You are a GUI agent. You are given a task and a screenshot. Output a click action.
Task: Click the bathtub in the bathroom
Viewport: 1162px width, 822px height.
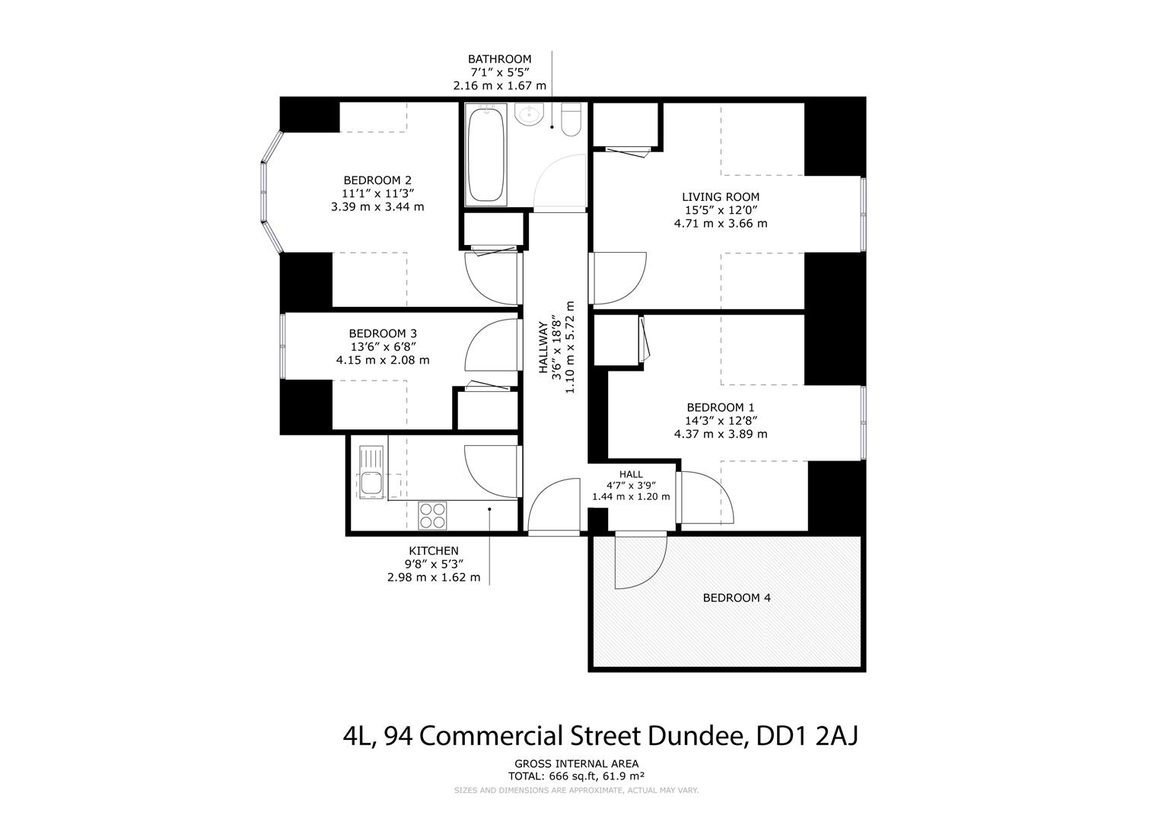pos(485,155)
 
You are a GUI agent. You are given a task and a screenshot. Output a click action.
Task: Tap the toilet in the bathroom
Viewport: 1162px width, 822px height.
pos(571,119)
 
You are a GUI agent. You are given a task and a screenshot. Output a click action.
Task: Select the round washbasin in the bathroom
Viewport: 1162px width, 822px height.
pos(528,114)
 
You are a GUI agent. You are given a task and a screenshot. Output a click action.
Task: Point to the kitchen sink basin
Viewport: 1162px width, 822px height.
pos(371,483)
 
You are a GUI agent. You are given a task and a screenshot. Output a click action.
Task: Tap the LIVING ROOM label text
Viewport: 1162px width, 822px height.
pos(720,197)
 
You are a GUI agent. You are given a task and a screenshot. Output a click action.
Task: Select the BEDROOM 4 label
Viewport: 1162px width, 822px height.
pos(736,597)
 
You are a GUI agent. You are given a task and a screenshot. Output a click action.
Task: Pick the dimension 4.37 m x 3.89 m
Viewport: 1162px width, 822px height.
pos(720,434)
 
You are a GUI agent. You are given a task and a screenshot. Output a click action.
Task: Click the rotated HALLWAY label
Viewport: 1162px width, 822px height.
pos(543,347)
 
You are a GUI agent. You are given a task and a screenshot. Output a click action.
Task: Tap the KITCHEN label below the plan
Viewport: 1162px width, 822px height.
pos(433,551)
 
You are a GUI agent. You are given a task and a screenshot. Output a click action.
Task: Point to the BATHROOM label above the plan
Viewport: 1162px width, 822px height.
pos(499,59)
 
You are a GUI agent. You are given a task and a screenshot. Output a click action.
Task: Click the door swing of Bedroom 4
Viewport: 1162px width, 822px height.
pos(639,563)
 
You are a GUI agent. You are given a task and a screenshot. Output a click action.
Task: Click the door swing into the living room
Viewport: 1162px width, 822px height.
pos(618,278)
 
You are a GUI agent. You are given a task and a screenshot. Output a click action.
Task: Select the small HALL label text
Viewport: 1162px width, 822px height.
pos(630,474)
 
